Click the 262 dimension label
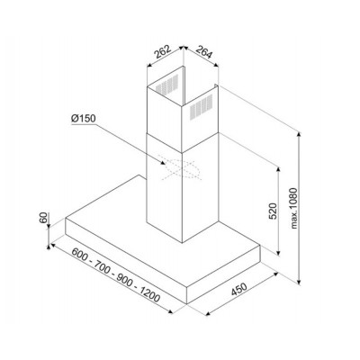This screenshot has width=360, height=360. pyautogui.click(x=162, y=52)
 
